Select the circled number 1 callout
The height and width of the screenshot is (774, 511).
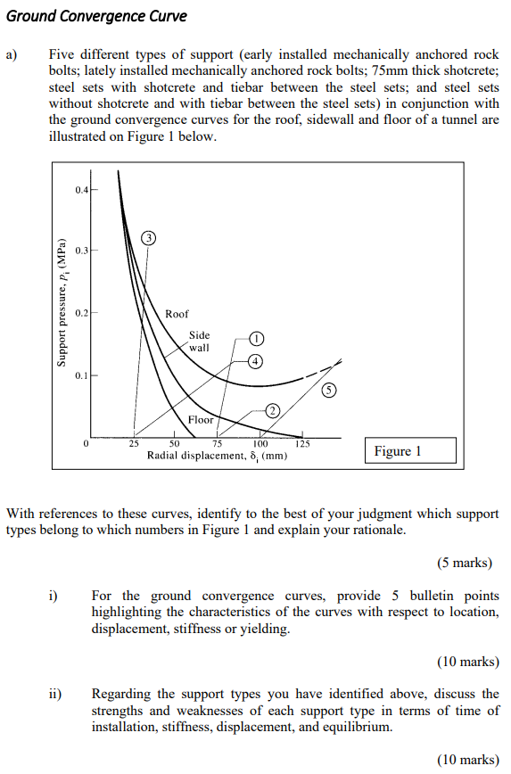coord(257,338)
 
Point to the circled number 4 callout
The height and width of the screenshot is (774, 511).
coord(255,361)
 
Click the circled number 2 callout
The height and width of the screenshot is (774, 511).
coord(273,409)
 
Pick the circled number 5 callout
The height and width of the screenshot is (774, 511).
coord(330,390)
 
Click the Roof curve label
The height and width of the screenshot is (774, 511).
coord(177,314)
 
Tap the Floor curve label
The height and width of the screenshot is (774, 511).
coord(201,419)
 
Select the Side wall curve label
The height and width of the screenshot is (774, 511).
coord(199,342)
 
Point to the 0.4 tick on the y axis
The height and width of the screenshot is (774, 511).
coord(82,189)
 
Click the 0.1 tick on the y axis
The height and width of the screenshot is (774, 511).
coord(82,375)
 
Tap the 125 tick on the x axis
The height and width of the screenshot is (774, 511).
coord(302,444)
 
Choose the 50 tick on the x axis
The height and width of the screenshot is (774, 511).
coord(175,444)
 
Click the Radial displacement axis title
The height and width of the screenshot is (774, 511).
coord(217,456)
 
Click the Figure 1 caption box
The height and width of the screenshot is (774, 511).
coord(409,451)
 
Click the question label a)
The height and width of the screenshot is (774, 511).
coord(11,55)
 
